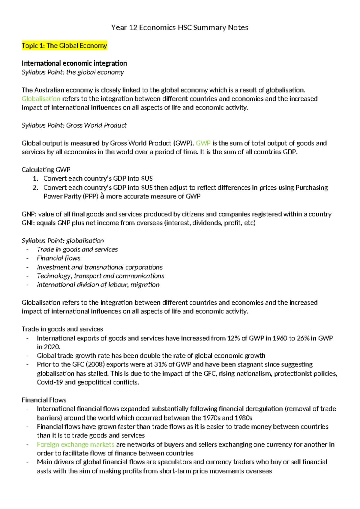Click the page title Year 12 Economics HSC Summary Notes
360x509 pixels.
(x=180, y=28)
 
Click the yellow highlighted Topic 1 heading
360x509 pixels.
(x=64, y=46)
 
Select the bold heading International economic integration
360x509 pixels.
(x=74, y=63)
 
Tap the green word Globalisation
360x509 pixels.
(x=41, y=99)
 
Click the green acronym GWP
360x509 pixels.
(x=203, y=143)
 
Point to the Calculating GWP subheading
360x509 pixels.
(x=46, y=170)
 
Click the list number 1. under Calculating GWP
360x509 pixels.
(x=35, y=179)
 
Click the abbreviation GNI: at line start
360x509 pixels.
(x=28, y=223)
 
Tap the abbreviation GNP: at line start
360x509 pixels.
(x=29, y=214)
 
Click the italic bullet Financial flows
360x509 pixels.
(x=58, y=258)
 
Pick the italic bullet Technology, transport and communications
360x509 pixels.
(x=100, y=276)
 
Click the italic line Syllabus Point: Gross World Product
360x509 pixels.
(x=74, y=125)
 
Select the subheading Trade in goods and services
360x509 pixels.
(x=62, y=329)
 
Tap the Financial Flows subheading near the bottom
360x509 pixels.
(x=44, y=400)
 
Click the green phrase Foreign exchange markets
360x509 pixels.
(x=75, y=444)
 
